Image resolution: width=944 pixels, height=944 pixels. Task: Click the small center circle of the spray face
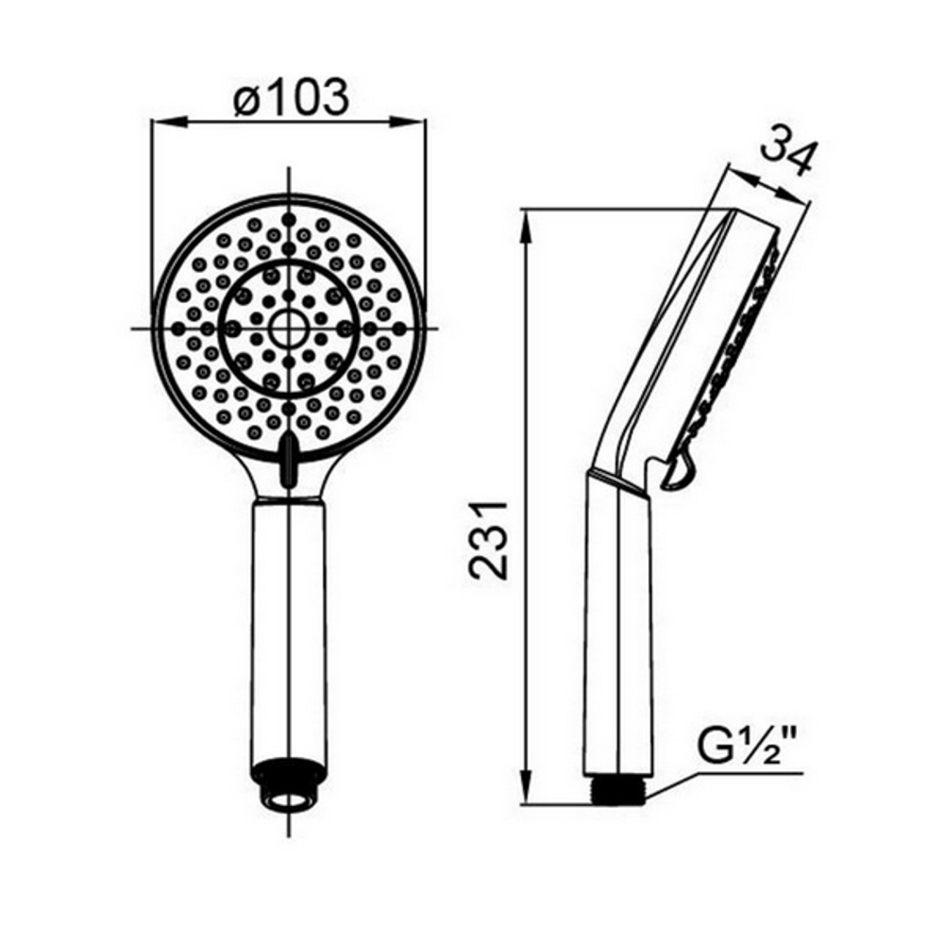287,329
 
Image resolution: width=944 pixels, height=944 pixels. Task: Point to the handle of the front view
288,623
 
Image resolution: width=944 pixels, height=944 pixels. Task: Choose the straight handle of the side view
618,623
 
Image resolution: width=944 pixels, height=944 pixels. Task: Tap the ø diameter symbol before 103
247,97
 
